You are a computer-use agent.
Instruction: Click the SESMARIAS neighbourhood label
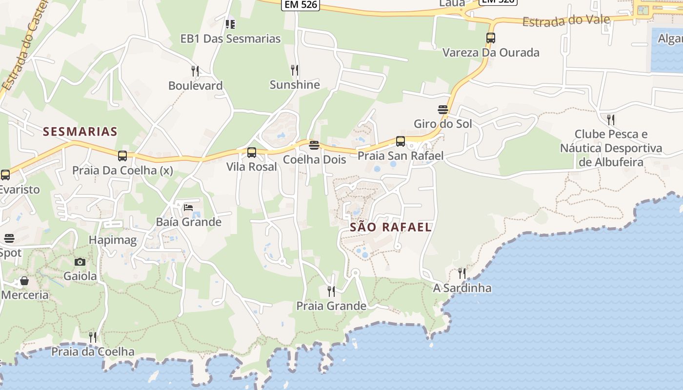click(80, 131)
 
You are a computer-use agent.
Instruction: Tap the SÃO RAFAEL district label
click(391, 227)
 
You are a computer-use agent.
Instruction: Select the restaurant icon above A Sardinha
click(462, 273)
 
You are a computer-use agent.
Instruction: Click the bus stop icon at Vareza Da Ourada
click(491, 38)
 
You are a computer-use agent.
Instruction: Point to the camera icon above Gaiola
click(80, 262)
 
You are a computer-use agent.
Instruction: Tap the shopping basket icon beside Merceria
click(24, 281)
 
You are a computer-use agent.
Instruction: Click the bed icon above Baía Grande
click(188, 208)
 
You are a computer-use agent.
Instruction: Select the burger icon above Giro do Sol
click(443, 110)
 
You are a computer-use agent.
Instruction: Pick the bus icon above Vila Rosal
click(252, 153)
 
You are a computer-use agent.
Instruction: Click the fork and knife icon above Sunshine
click(295, 70)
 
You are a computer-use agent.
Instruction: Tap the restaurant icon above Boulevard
click(195, 71)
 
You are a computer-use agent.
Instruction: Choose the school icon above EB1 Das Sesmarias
click(230, 24)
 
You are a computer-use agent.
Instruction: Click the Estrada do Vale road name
click(566, 21)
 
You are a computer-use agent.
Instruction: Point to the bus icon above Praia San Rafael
click(401, 141)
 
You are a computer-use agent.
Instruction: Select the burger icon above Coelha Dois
click(314, 145)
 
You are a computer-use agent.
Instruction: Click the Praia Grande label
click(331, 306)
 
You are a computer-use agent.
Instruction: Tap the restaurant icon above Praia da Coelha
click(93, 337)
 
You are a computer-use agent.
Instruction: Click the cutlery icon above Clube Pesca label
click(610, 119)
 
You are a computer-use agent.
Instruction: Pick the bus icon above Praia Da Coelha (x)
click(122, 156)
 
